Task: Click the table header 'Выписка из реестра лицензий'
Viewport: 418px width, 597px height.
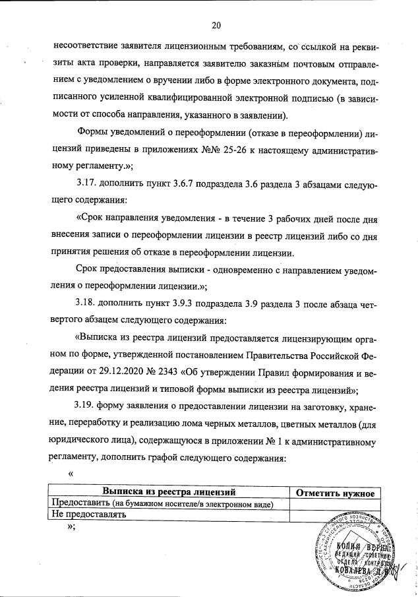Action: [x=169, y=493]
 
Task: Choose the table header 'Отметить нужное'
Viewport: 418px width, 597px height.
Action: [x=336, y=493]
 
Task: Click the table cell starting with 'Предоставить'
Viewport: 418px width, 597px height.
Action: [x=169, y=504]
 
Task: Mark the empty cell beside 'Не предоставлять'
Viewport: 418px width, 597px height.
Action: [x=336, y=515]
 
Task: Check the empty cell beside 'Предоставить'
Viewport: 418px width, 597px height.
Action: [x=336, y=504]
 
